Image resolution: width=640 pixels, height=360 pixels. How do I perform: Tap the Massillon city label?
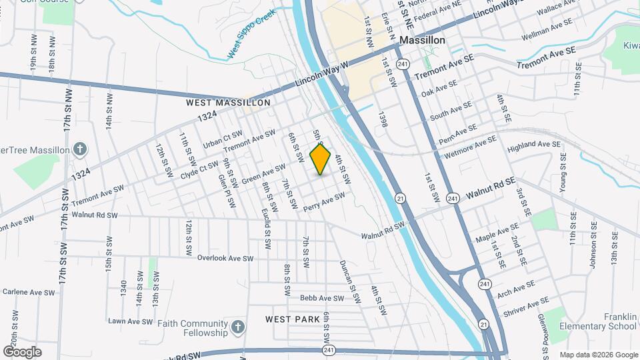(422, 41)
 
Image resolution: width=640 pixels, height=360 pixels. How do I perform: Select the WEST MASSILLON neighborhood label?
(228, 103)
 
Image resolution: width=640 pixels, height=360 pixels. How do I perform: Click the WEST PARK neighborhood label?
(293, 319)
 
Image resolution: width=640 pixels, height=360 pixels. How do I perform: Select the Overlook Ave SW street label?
(227, 258)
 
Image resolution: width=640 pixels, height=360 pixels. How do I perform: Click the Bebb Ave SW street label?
(316, 298)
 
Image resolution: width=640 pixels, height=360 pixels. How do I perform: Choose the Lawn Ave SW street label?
(131, 321)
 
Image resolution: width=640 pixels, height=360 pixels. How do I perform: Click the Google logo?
(22, 351)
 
